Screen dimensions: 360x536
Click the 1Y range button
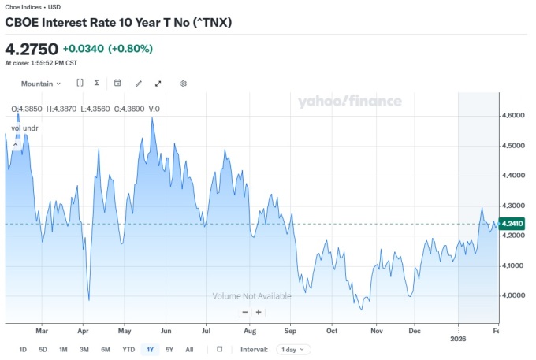coord(150,349)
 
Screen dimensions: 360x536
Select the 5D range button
coord(43,349)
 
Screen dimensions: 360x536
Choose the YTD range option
coord(128,349)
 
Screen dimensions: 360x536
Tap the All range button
coord(189,349)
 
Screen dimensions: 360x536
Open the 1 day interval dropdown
coord(294,349)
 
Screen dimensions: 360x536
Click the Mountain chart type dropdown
coord(41,84)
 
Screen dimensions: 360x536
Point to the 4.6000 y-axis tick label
coord(513,115)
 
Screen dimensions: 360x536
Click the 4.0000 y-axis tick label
coord(513,295)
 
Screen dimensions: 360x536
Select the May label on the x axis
coord(124,332)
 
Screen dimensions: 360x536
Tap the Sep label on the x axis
coord(291,332)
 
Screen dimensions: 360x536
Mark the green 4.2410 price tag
coord(512,224)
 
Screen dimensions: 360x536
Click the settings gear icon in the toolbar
coord(183,84)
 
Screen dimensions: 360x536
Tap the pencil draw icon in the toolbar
coord(139,84)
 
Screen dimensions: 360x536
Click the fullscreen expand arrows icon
coord(158,84)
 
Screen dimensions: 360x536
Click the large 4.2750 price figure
coord(31,49)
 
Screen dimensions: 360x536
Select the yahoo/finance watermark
coord(349,101)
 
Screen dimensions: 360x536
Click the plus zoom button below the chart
coord(259,312)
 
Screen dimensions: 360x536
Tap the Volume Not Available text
coord(251,296)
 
